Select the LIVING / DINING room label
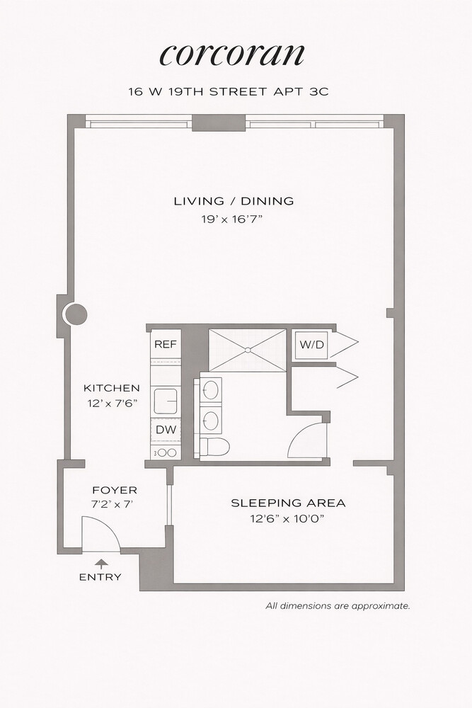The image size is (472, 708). [x=234, y=201]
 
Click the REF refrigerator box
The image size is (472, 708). [x=166, y=345]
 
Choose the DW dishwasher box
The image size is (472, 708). [x=166, y=430]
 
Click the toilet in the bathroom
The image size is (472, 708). [x=215, y=447]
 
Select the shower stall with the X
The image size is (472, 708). [x=248, y=350]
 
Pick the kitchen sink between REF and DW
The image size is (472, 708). [x=167, y=400]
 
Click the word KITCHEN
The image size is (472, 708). [x=112, y=388]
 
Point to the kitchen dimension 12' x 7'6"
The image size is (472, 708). [x=112, y=404]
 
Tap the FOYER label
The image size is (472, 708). [x=115, y=490]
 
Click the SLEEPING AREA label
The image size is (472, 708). [x=288, y=503]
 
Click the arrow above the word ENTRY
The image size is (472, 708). [x=100, y=564]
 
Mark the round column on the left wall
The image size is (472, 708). [x=75, y=313]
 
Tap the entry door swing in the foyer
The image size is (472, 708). [x=98, y=535]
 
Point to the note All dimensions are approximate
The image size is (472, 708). [x=338, y=606]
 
